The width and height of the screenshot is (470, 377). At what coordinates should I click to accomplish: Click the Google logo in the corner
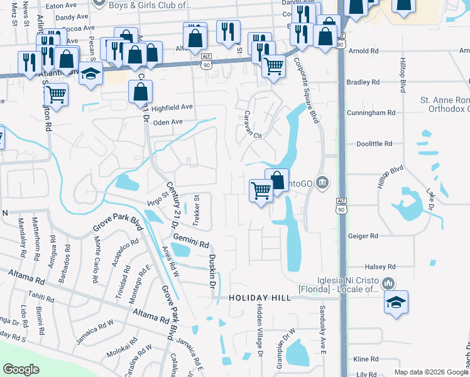tap(21, 369)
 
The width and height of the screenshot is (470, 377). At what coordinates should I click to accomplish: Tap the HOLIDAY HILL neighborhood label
tap(260, 297)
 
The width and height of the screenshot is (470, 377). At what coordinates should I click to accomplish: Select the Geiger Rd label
tap(363, 236)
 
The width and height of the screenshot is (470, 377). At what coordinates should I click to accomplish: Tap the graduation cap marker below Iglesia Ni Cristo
tap(396, 302)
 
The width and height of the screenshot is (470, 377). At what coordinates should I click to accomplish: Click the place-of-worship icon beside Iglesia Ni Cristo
tap(389, 284)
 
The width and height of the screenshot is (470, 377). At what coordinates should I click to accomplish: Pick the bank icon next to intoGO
tap(322, 183)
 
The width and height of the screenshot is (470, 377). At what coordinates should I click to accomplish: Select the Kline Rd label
tap(365, 359)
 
